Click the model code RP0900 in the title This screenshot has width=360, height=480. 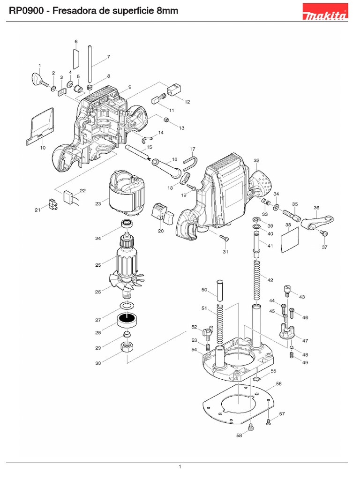pos(24,11)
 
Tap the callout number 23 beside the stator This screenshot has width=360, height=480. pos(98,203)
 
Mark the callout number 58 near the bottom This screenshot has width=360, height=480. pos(239,435)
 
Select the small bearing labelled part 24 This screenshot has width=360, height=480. pos(126,223)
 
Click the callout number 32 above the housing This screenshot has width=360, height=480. pos(256,160)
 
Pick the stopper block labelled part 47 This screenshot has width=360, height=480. pos(285,331)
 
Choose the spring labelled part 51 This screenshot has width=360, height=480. pos(218,323)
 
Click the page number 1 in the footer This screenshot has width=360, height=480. pos(180,466)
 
